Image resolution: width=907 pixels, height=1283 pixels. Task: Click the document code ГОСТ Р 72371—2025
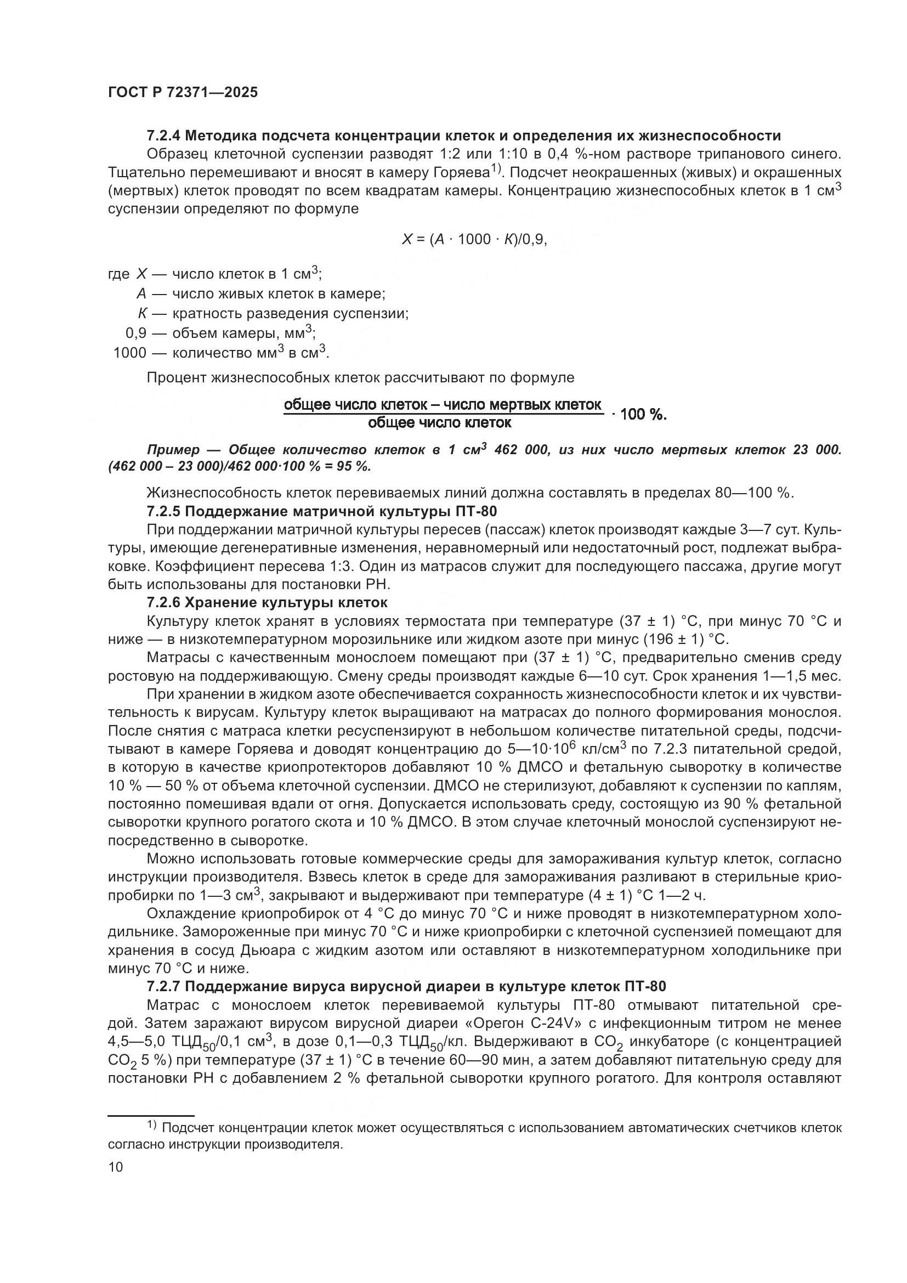[x=183, y=93]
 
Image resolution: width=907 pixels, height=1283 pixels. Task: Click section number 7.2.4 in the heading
[x=163, y=136]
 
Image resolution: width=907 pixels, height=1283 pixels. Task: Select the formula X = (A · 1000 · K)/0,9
[x=474, y=239]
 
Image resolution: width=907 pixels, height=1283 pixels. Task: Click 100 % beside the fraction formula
[x=643, y=414]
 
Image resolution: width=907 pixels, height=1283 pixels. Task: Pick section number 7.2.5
[x=163, y=511]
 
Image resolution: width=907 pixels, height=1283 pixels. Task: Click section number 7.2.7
[x=163, y=987]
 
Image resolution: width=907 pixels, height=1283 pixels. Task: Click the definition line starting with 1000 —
[x=220, y=353]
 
